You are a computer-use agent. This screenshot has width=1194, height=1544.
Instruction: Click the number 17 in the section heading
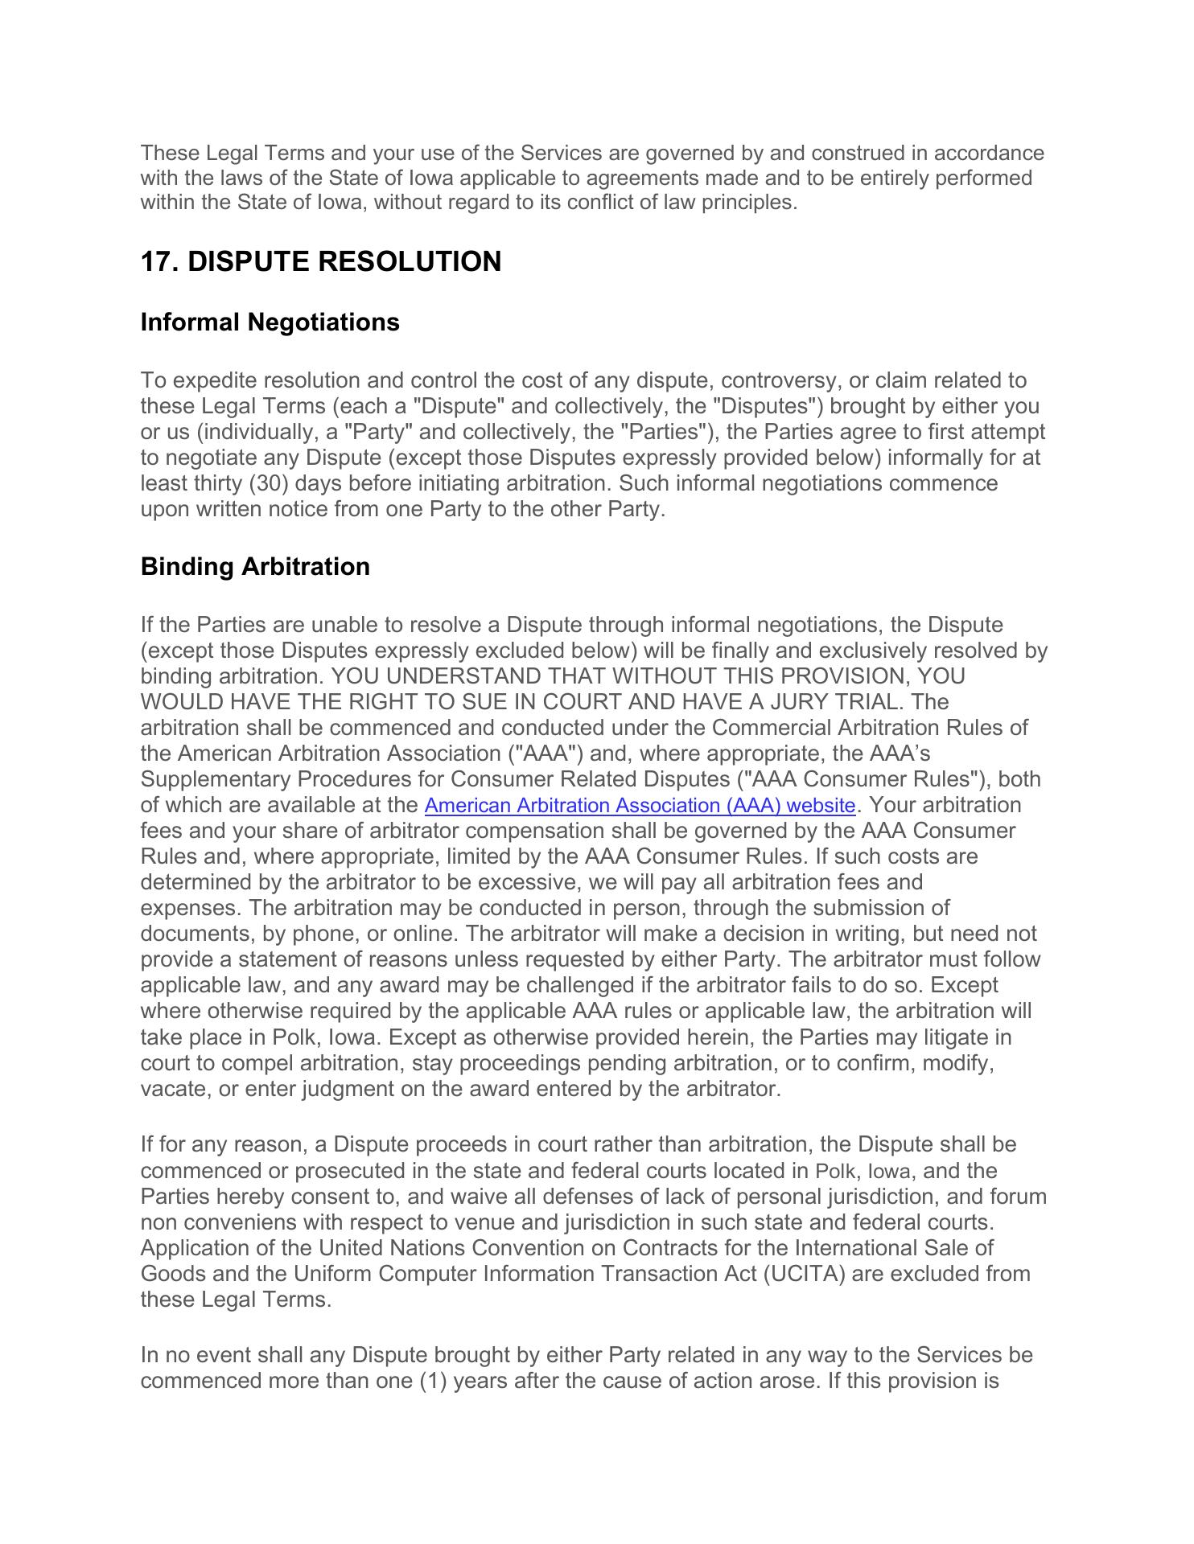point(156,261)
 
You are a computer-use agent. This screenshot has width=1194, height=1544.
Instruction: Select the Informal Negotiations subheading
point(270,322)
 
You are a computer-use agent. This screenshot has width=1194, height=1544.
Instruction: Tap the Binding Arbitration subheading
point(255,566)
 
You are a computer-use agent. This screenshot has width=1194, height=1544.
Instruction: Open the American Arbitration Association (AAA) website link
point(639,805)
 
